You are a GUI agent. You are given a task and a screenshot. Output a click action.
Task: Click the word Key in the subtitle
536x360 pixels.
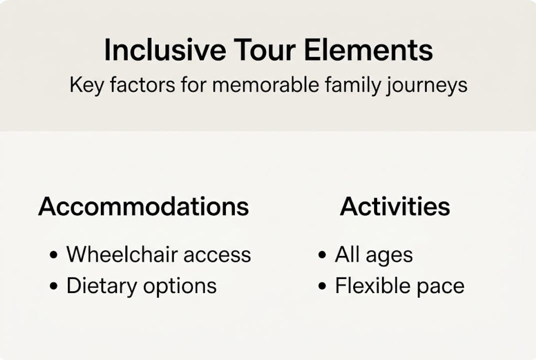(x=86, y=85)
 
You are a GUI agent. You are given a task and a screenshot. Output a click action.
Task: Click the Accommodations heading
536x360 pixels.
(x=143, y=206)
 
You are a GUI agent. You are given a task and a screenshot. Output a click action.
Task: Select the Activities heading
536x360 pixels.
(x=395, y=206)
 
